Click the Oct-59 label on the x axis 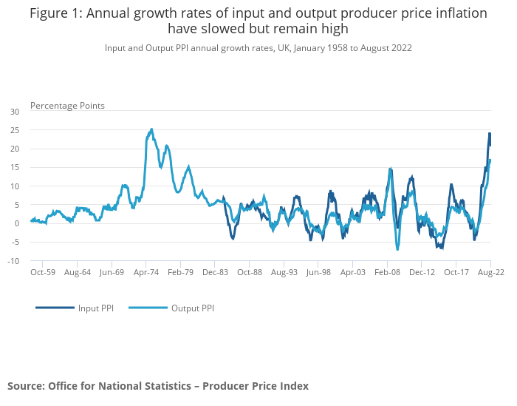pyautogui.click(x=43, y=272)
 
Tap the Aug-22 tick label pyautogui.click(x=490, y=272)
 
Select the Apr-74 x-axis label pyautogui.click(x=146, y=272)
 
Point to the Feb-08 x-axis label pyautogui.click(x=387, y=272)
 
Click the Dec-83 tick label pyautogui.click(x=215, y=272)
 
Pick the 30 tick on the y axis pyautogui.click(x=15, y=112)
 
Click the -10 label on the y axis pyautogui.click(x=14, y=261)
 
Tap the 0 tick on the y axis pyautogui.click(x=17, y=223)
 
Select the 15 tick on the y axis pyautogui.click(x=15, y=167)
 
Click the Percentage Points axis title pyautogui.click(x=67, y=106)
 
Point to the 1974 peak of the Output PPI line pyautogui.click(x=151, y=129)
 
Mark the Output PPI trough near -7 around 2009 pyautogui.click(x=397, y=249)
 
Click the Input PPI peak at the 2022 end pyautogui.click(x=490, y=134)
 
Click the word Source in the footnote pyautogui.click(x=25, y=386)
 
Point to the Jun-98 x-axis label pyautogui.click(x=318, y=272)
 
